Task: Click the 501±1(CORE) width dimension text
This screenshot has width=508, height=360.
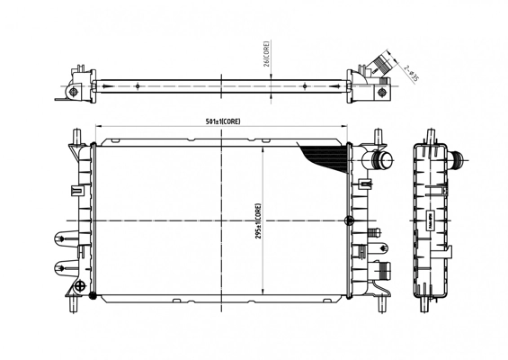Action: (222, 121)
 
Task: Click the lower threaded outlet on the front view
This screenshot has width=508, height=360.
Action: (385, 268)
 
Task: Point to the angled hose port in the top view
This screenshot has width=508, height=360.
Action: (377, 69)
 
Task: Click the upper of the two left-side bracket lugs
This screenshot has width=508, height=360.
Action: (61, 239)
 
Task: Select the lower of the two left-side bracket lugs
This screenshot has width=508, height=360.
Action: (61, 267)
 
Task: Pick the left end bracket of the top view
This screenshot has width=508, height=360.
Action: (74, 88)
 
